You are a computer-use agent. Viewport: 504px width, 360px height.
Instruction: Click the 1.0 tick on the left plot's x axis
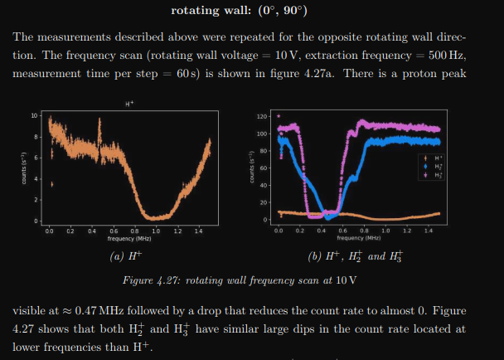point(155,230)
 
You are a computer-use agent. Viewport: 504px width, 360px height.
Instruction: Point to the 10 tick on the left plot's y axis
point(34,114)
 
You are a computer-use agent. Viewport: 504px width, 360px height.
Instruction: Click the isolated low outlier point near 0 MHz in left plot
point(51,184)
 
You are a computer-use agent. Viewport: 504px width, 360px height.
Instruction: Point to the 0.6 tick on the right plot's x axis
point(342,230)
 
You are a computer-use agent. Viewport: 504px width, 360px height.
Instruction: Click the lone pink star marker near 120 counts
point(279,116)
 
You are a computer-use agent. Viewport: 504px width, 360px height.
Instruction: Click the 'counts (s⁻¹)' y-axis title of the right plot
point(250,169)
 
